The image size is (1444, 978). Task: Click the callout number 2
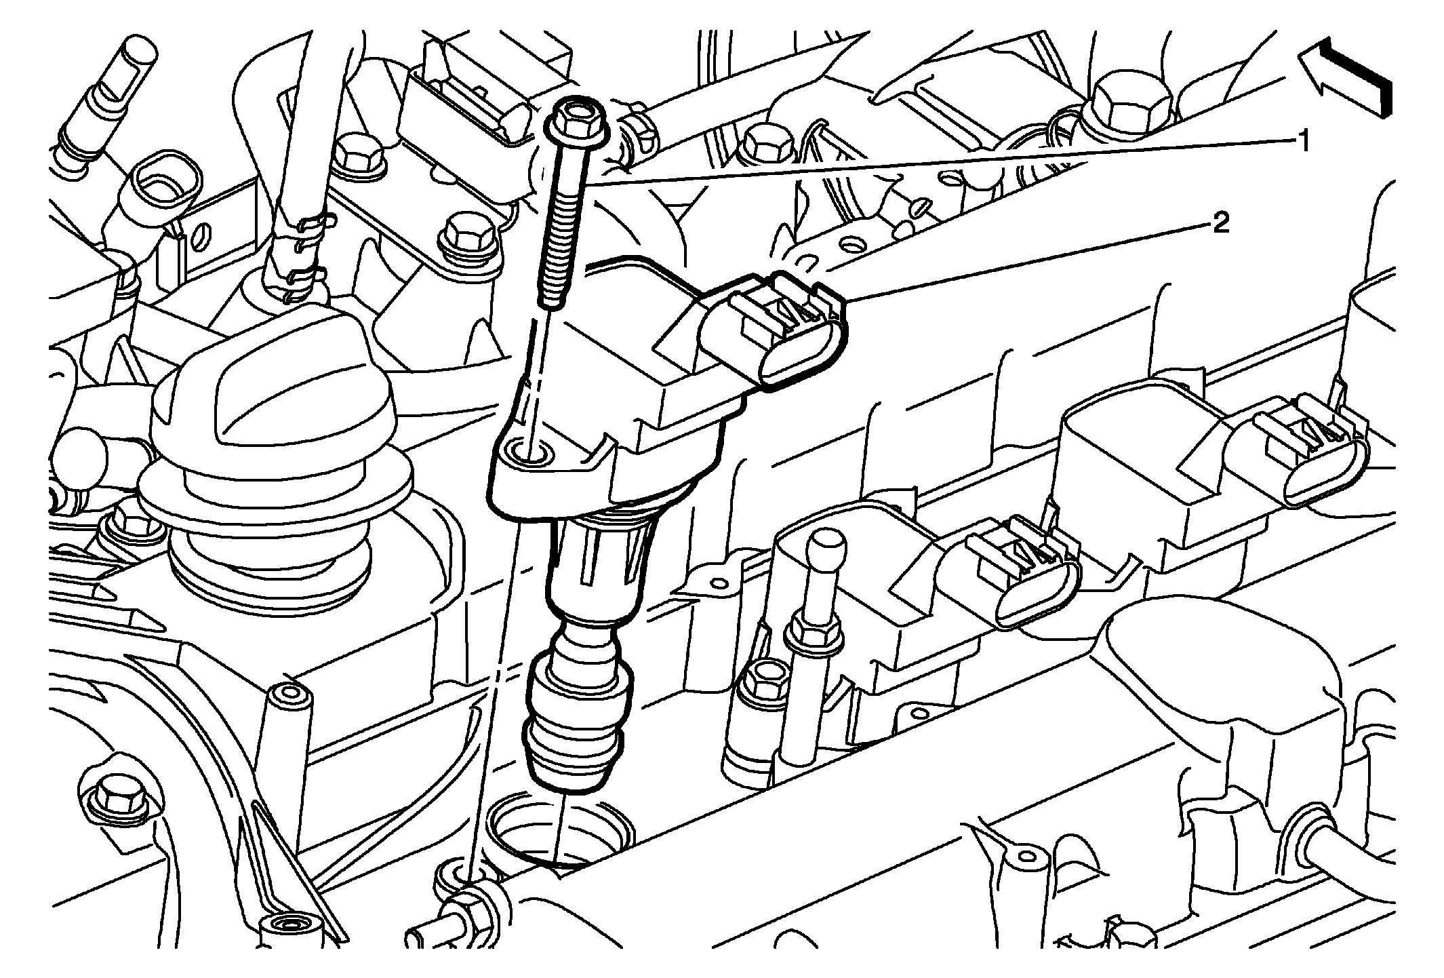tap(1220, 223)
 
